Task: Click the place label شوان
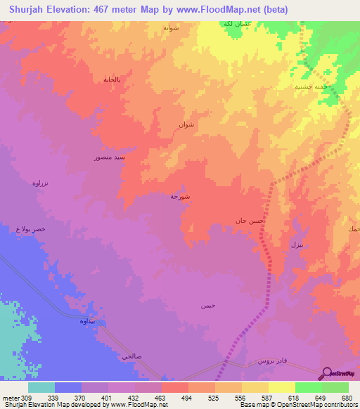[186, 125]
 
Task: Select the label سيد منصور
[110, 158]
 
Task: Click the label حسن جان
[250, 221]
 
